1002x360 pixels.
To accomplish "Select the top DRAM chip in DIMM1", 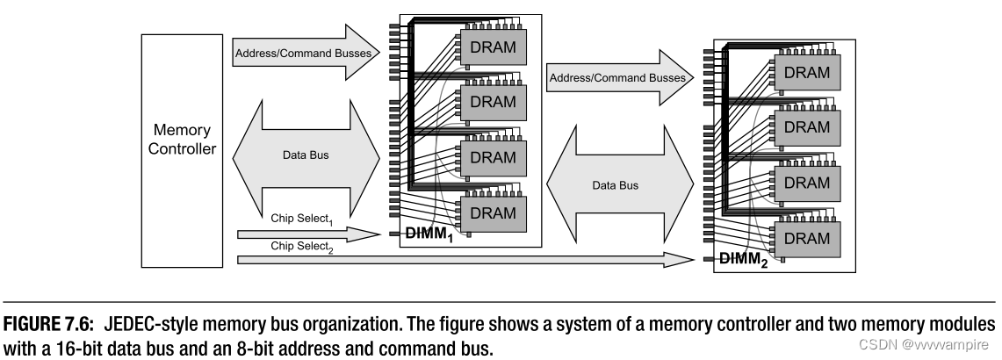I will pyautogui.click(x=492, y=47).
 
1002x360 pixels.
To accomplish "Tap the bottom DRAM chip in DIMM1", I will pyautogui.click(x=492, y=212).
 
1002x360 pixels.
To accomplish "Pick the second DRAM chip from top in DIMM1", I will pyautogui.click(x=492, y=101).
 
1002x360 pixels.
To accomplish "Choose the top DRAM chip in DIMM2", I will pyautogui.click(x=806, y=74).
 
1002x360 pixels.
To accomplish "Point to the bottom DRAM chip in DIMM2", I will pyautogui.click(x=806, y=237).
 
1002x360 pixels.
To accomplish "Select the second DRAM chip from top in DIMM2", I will pyautogui.click(x=806, y=127).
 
